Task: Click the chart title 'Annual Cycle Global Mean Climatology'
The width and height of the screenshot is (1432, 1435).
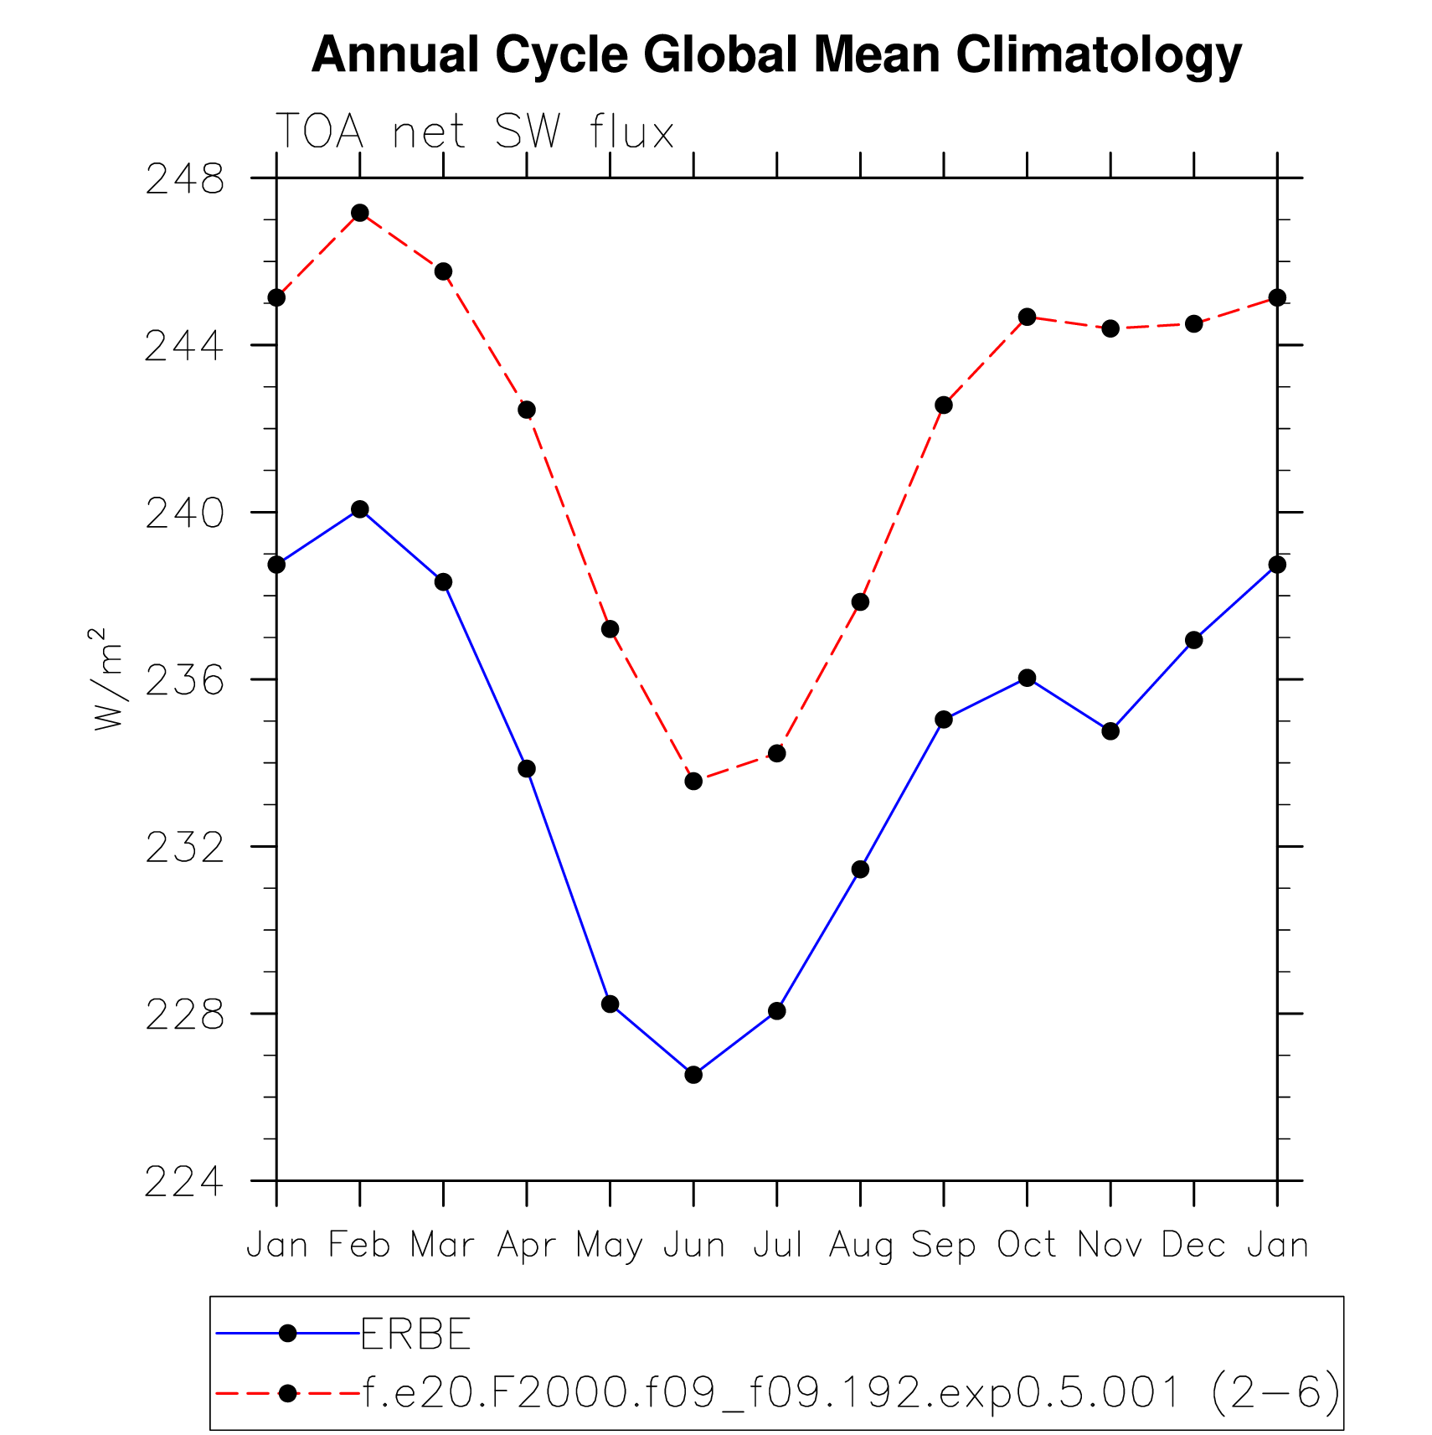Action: pos(775,55)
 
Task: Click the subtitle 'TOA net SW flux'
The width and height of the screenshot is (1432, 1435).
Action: pos(474,132)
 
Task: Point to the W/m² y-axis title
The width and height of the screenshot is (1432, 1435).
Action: pos(108,679)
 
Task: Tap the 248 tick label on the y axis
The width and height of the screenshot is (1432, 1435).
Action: pos(185,178)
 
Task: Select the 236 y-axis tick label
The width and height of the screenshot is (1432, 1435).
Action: pos(185,679)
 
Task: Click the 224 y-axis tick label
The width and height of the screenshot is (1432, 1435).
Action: pos(185,1181)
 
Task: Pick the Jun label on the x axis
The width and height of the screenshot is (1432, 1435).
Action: pos(693,1246)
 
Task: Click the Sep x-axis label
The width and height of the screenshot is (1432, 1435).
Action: pos(943,1246)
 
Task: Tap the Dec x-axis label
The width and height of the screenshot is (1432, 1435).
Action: pos(1193,1246)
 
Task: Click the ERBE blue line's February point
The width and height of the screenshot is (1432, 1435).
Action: pos(360,509)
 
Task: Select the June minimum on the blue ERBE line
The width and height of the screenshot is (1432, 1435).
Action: pos(693,1075)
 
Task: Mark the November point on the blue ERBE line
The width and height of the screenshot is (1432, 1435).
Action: pos(1110,731)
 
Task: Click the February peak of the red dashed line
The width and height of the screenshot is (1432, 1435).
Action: pos(360,213)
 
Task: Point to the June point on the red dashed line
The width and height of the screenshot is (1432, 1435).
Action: pos(693,782)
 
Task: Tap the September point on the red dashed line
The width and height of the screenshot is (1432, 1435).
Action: pos(944,405)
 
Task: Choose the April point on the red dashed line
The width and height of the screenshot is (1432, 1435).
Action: pos(527,410)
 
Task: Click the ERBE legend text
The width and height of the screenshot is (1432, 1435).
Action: pos(416,1334)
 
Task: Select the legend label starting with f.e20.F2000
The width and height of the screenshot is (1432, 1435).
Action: pos(851,1393)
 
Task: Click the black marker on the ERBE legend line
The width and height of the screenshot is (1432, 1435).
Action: pos(288,1334)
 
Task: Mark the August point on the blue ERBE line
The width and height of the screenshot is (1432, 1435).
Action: pos(860,870)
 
